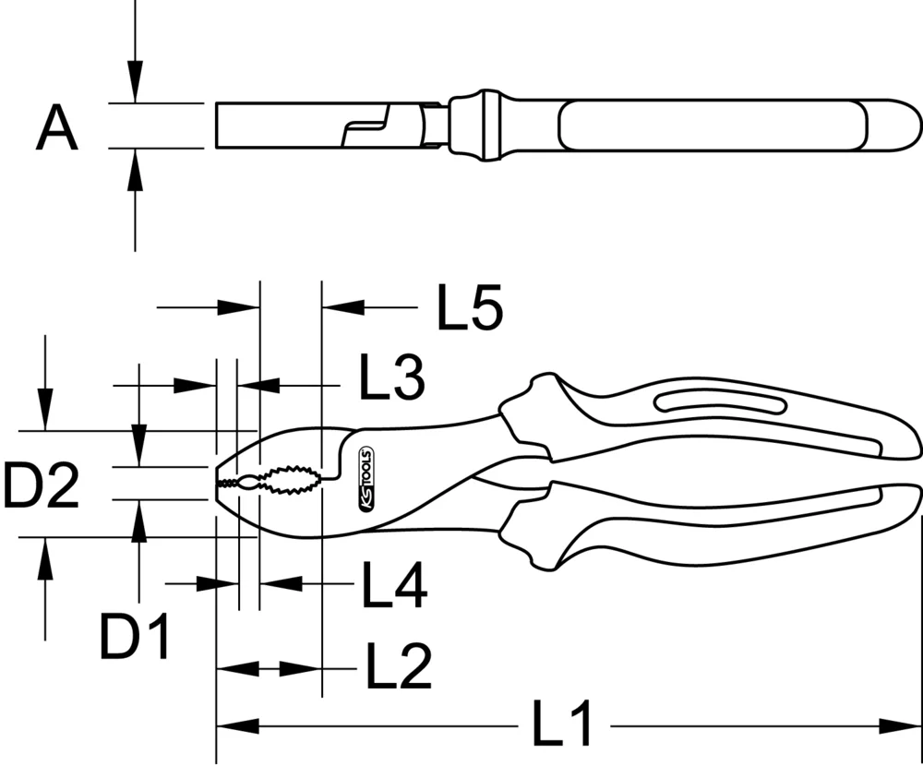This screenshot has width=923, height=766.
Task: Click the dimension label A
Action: point(57,128)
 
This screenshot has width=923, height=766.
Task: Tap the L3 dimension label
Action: point(391,378)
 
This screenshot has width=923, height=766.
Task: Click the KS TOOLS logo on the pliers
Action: point(363,479)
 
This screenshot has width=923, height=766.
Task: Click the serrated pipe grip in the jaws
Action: point(286,480)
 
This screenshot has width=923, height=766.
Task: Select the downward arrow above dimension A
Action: point(136,78)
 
